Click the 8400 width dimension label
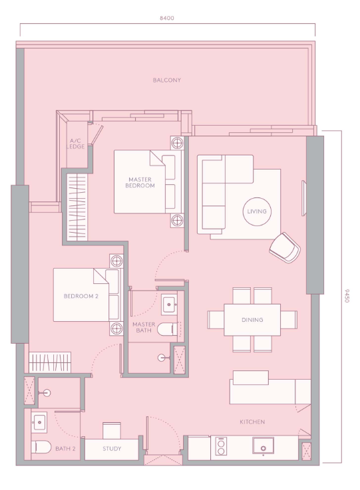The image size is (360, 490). tap(167, 18)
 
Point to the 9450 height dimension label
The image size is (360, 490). tap(347, 296)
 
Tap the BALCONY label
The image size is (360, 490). tap(167, 80)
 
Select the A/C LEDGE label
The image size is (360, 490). tap(75, 144)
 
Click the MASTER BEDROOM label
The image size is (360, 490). tap(140, 182)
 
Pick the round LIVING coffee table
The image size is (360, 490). tap(257, 211)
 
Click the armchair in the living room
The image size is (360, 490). tap(285, 247)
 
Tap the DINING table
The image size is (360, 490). tap(252, 320)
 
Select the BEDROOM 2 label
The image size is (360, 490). tap(81, 296)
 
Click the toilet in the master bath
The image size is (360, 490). tap(167, 329)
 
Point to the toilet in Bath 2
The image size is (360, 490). tap(41, 447)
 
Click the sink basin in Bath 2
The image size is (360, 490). tap(39, 422)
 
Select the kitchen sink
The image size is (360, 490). tap(263, 446)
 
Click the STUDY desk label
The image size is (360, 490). tap(112, 449)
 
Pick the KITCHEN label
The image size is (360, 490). tap(252, 422)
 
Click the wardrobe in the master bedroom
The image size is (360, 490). tap(77, 207)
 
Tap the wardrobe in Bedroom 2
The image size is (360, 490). tap(50, 362)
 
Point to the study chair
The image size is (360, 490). tap(112, 431)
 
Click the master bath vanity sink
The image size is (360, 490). tap(169, 304)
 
